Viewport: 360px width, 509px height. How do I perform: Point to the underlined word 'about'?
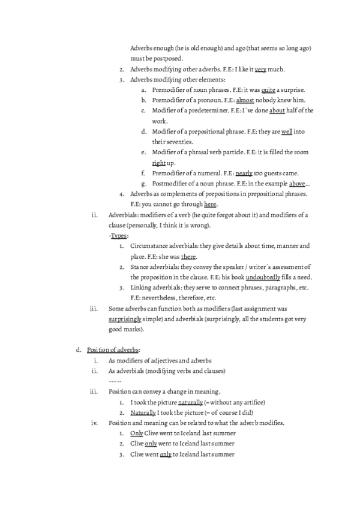coord(277,110)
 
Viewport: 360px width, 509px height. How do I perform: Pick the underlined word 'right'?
coord(159,163)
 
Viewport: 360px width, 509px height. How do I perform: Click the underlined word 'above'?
coord(298,183)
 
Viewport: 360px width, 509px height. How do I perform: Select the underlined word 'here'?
coord(210,204)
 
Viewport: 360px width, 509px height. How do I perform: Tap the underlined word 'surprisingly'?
coord(125,319)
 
